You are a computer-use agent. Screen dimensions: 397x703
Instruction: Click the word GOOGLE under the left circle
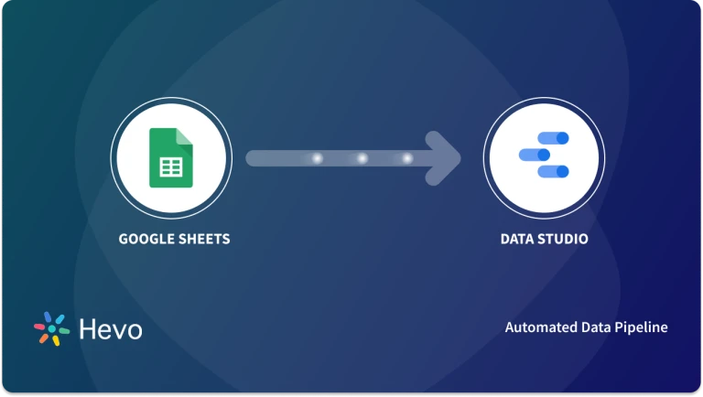click(x=144, y=240)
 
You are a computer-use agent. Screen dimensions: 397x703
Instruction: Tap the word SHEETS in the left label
click(x=200, y=240)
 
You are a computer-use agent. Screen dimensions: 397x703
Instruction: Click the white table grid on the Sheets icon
click(x=170, y=167)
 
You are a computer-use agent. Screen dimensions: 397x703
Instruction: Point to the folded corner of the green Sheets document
click(x=184, y=136)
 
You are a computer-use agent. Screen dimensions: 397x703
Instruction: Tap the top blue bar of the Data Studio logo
click(x=552, y=138)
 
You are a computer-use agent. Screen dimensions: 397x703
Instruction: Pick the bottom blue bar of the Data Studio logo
click(x=553, y=171)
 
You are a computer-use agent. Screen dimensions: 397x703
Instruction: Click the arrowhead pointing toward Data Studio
click(x=444, y=157)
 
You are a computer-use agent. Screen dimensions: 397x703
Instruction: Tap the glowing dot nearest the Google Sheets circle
click(x=318, y=158)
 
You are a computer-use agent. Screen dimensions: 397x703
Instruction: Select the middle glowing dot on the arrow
click(x=362, y=158)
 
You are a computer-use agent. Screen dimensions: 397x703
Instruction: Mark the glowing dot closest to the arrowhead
click(x=407, y=158)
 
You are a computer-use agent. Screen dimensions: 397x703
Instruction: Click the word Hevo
click(x=111, y=329)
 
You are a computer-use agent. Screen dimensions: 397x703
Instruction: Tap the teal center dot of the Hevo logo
click(x=52, y=329)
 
